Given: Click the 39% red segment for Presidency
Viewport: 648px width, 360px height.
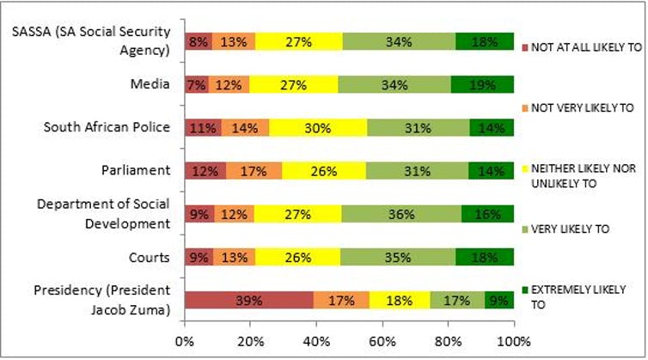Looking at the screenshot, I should coord(248,299).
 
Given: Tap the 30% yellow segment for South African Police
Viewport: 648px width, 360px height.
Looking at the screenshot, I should coord(318,127).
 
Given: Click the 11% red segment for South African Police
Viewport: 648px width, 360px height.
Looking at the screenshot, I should coord(203,127).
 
